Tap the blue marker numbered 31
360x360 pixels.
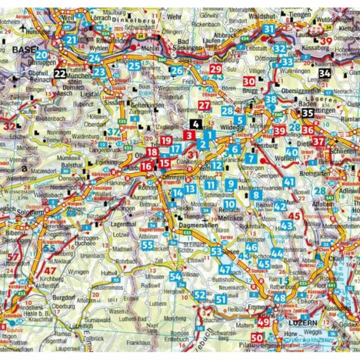[269, 29]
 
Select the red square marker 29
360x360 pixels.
[215, 69]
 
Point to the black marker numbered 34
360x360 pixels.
[325, 73]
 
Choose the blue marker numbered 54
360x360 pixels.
[175, 277]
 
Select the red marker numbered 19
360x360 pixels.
[166, 140]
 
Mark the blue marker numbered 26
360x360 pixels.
[177, 71]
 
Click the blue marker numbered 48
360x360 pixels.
[280, 299]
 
